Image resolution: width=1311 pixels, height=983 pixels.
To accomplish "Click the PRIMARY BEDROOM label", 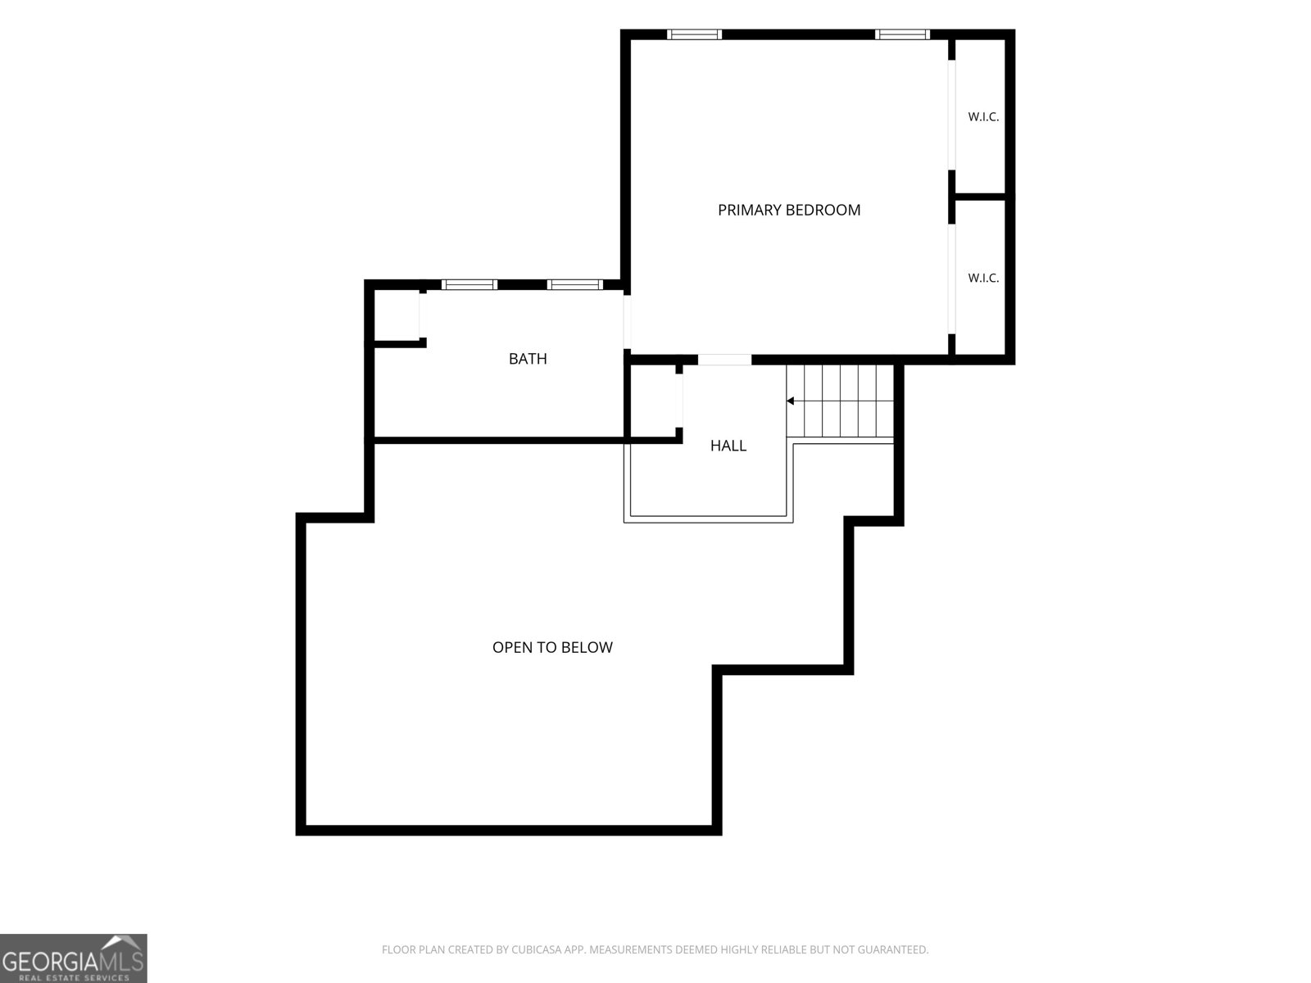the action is click(788, 210).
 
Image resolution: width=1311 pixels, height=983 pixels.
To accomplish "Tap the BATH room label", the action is click(528, 359).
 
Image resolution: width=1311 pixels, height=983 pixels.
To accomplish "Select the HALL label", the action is click(728, 446).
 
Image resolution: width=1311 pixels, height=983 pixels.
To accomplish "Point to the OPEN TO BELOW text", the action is click(552, 648).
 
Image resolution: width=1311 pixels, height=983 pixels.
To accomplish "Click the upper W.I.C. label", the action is click(983, 117).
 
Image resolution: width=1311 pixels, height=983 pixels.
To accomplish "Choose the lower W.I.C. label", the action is click(983, 279).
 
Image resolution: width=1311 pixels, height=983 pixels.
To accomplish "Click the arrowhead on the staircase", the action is click(790, 401).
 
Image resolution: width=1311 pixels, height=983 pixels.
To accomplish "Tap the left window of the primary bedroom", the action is click(694, 34).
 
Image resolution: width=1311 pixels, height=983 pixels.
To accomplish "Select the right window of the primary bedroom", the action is click(902, 34).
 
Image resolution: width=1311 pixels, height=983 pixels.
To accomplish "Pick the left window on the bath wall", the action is click(470, 285).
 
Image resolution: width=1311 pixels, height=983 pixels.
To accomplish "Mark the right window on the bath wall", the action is click(574, 285).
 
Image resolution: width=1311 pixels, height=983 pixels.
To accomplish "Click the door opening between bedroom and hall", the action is click(724, 360).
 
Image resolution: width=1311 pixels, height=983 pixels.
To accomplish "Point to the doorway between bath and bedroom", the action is click(627, 322).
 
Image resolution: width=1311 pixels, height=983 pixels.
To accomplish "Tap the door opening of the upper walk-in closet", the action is click(951, 116).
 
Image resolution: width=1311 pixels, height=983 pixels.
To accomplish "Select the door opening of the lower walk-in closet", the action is click(951, 279).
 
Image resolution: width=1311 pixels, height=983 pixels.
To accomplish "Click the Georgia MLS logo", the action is click(74, 958).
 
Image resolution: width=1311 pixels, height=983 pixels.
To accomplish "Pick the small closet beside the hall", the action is click(655, 401).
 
